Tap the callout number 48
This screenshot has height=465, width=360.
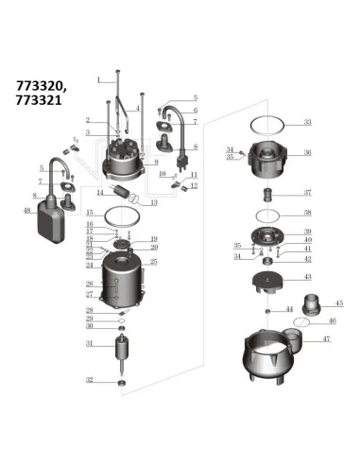[26, 210]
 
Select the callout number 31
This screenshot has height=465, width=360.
[89, 344]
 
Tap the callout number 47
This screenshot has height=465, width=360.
[327, 338]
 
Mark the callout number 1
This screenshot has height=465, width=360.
[96, 80]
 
